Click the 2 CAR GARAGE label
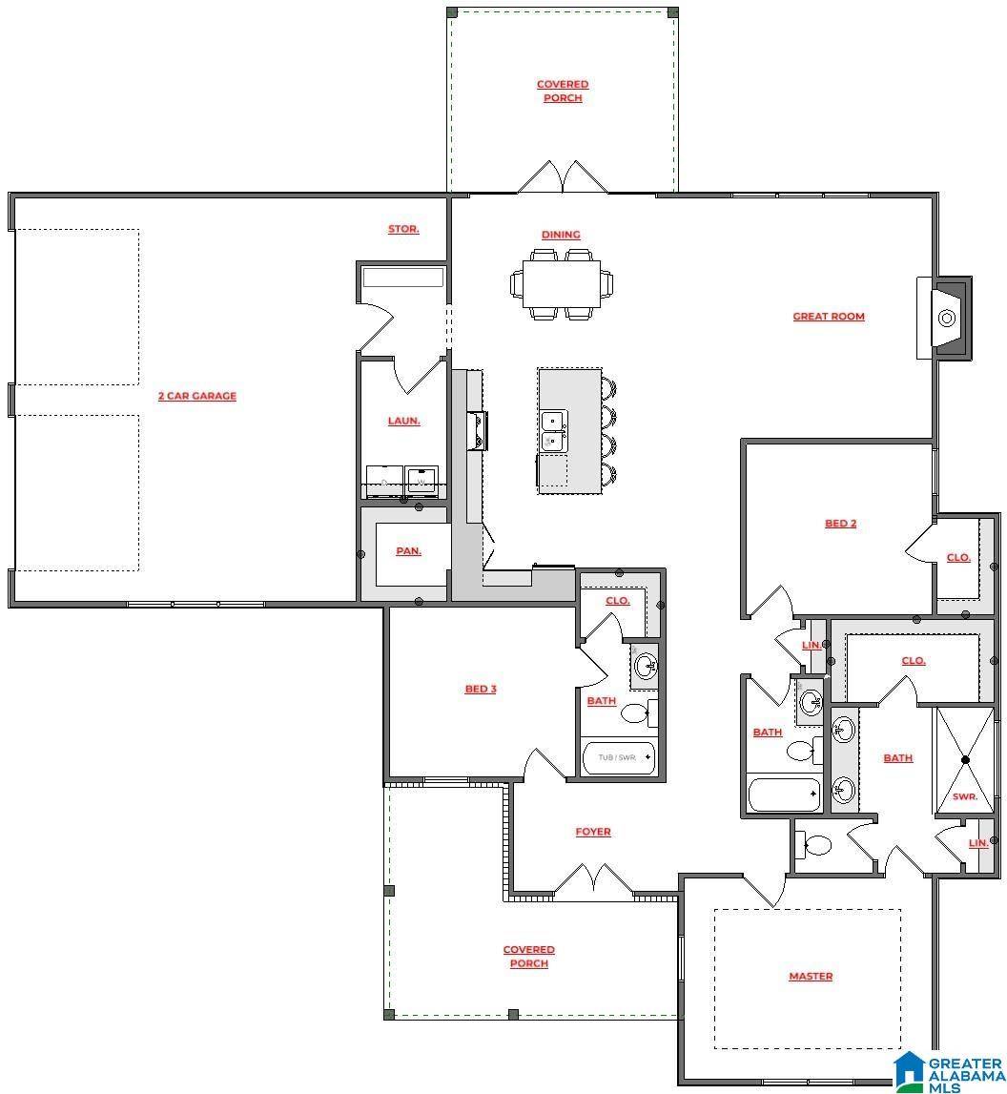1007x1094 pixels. coord(196,396)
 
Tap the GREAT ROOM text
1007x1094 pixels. coord(828,317)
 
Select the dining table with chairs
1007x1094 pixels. coord(562,283)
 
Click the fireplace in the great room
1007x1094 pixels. coord(947,318)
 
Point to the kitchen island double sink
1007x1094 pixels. coord(552,431)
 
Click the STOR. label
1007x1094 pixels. coord(403,229)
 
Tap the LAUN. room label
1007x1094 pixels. coord(403,421)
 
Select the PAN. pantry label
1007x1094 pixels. coord(408,551)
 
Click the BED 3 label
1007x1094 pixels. coord(480,689)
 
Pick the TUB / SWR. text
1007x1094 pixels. coord(616,757)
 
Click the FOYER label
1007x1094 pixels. coord(592,832)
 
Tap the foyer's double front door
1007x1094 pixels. coord(593,882)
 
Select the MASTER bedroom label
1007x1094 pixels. coord(810,976)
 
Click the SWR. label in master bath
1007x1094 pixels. coord(964,795)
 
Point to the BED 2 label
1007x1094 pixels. coord(840,523)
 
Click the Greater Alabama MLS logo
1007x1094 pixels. coord(948,1071)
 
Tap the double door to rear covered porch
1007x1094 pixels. coord(563,177)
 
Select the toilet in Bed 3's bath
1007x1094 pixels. coord(635,712)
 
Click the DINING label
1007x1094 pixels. coord(560,235)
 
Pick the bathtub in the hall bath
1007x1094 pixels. coord(783,794)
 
